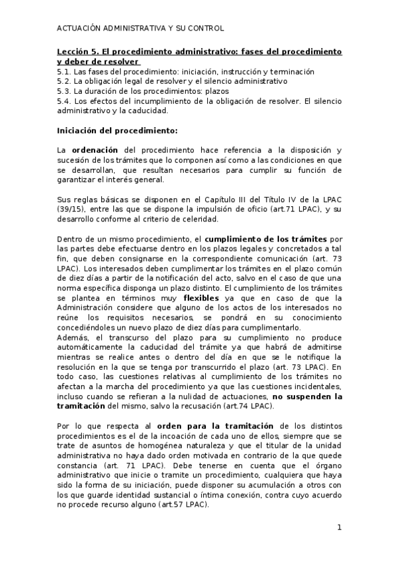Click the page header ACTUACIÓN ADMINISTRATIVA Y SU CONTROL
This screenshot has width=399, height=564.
[x=140, y=29]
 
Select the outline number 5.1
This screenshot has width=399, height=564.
[x=63, y=71]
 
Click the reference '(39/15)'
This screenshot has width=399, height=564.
[x=70, y=210]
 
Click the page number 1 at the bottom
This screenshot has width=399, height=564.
[x=339, y=528]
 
